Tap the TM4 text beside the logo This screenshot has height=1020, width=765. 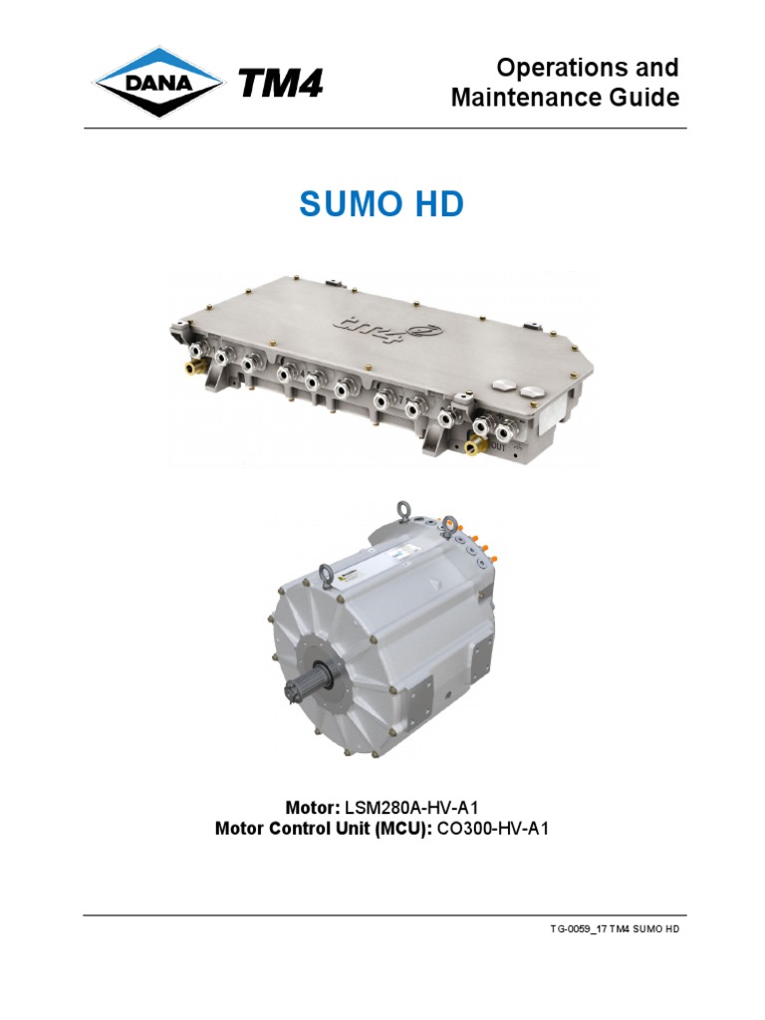[x=281, y=85]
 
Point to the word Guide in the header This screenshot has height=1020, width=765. [x=645, y=98]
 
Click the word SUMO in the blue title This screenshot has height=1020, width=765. [x=342, y=206]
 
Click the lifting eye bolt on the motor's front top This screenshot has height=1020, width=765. [x=325, y=574]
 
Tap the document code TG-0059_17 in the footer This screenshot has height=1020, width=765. [x=578, y=929]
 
